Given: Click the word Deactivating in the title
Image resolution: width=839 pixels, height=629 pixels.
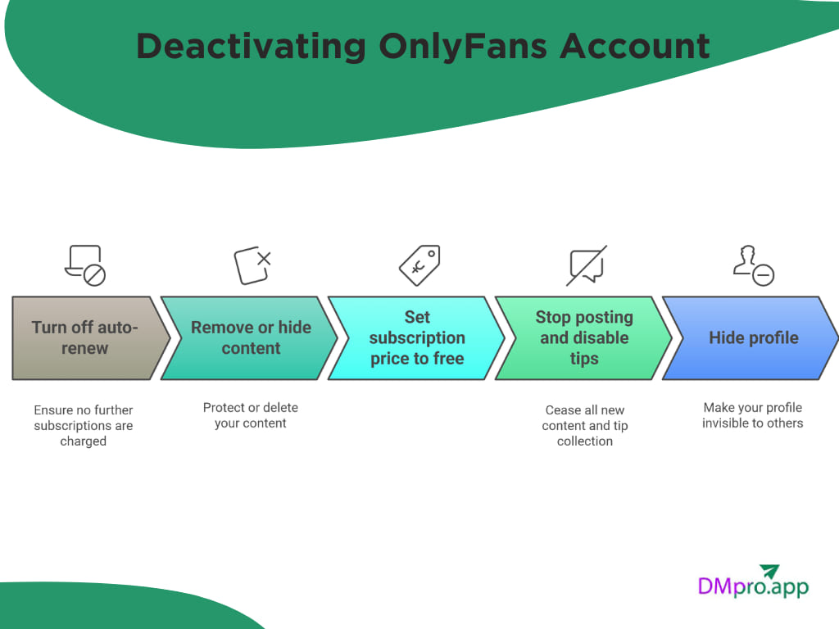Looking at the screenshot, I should tap(250, 47).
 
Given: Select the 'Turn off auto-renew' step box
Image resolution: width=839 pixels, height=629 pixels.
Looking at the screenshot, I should tap(85, 337).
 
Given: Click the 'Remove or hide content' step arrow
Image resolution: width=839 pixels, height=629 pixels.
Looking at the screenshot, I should tap(250, 337).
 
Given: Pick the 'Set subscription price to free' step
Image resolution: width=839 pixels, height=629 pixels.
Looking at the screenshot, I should tap(416, 337).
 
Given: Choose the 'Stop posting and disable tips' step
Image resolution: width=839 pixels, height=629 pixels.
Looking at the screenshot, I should tap(583, 337).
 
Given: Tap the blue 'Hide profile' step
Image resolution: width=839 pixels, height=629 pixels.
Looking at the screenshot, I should tap(752, 337).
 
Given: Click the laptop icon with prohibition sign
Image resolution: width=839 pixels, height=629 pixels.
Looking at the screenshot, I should tap(85, 265).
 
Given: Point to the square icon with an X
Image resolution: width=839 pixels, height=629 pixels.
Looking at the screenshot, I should tap(252, 265).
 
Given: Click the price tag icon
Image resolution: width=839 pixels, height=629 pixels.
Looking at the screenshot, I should tap(419, 265).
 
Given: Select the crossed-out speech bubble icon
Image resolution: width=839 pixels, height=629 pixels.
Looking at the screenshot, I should tap(587, 265).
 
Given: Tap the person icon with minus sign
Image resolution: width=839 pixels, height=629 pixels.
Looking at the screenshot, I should tap(753, 265).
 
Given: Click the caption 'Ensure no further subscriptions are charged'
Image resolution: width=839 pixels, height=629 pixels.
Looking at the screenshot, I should tap(84, 425).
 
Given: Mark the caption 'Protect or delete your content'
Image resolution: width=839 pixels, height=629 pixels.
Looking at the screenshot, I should tap(251, 415).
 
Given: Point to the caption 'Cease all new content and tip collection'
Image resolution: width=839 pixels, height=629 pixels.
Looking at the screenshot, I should tap(585, 425).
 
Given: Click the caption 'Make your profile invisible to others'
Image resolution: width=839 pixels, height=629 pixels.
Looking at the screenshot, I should tap(752, 415).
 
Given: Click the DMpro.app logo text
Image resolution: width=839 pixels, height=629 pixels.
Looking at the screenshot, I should tap(752, 586).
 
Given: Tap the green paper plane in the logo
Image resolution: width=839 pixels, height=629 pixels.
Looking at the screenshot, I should tap(769, 572).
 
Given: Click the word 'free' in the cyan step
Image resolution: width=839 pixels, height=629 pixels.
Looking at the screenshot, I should tap(448, 359).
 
